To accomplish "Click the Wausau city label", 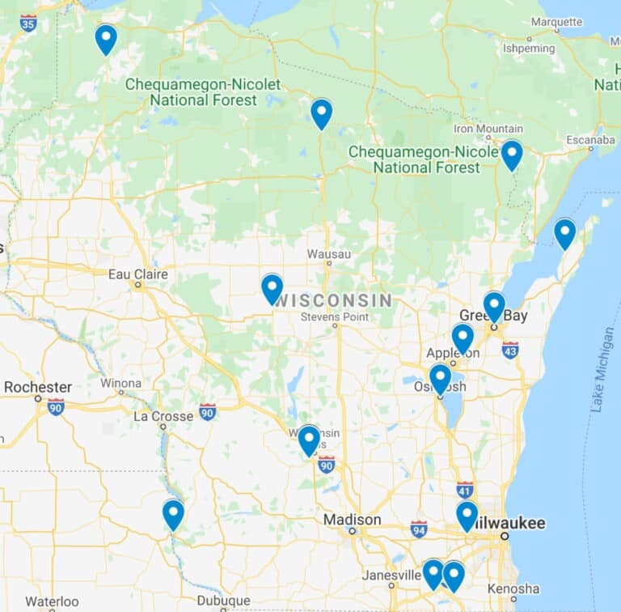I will click(x=329, y=254).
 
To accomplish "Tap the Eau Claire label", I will click(x=138, y=274).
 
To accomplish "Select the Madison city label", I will click(x=352, y=520).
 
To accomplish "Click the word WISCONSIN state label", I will click(x=335, y=300).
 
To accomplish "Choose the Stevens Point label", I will click(x=334, y=317).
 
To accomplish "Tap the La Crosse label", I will click(x=163, y=416).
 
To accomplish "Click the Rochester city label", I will click(x=37, y=387).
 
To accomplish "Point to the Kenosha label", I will click(x=513, y=589).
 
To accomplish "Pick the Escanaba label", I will click(x=590, y=140).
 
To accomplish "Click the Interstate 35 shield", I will click(x=28, y=22).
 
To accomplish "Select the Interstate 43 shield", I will click(x=509, y=350).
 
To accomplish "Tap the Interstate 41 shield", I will click(x=464, y=490).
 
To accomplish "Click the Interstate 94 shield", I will click(x=419, y=529).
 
